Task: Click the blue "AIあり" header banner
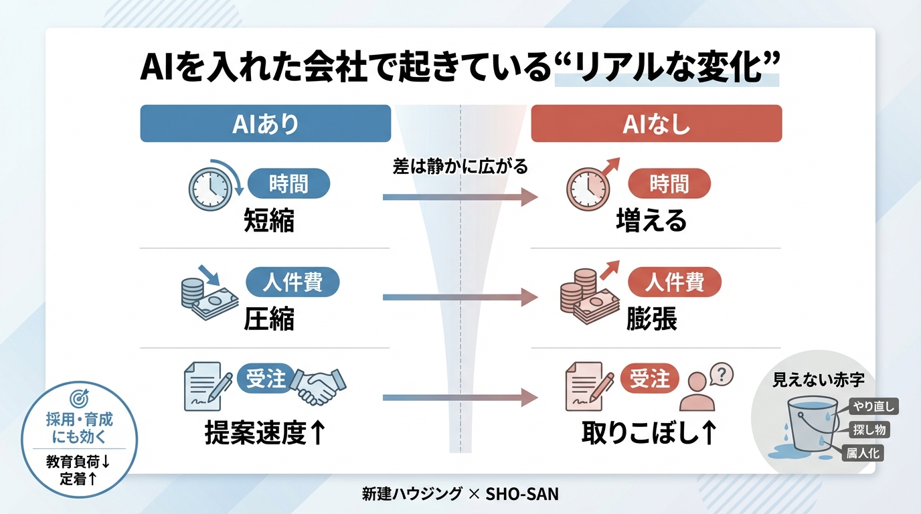pos(265,124)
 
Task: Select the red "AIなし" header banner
pos(656,124)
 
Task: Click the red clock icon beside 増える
pos(587,185)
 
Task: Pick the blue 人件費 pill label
pos(292,282)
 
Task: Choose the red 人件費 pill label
pos(675,282)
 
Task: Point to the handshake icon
pos(321,384)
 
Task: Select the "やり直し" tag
pos(873,406)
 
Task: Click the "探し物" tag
pos(870,430)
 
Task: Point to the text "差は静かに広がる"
pos(460,167)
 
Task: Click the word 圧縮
pos(268,319)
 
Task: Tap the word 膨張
pos(651,319)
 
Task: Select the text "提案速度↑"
pos(265,433)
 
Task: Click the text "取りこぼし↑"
pos(649,433)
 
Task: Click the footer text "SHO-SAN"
pos(522,495)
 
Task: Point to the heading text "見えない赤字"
pos(818,380)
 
